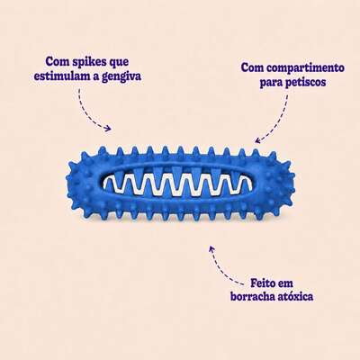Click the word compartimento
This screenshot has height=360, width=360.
pos(305,67)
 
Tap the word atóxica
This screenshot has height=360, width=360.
pos(296,297)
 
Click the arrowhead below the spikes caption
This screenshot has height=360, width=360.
pos(108,129)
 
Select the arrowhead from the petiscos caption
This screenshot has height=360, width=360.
pos(257,140)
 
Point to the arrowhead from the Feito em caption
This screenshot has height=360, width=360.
pos(211,248)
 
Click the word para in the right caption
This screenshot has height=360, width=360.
pos(269,83)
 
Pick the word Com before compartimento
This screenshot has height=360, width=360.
pos(253,67)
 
